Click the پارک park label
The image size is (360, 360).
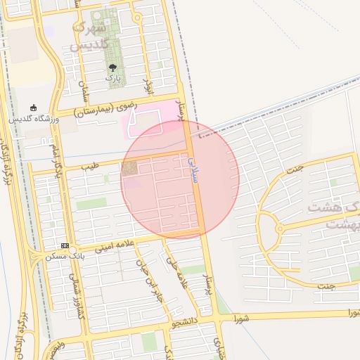113,78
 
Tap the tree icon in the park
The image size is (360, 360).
112,67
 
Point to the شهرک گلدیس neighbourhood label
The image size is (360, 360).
89,37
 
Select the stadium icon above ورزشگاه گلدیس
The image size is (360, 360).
32,108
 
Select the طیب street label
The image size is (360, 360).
89,166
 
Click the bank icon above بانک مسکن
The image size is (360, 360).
65,246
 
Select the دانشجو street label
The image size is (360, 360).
186,324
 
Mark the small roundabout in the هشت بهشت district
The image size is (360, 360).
280,229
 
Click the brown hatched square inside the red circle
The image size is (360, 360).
129,169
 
